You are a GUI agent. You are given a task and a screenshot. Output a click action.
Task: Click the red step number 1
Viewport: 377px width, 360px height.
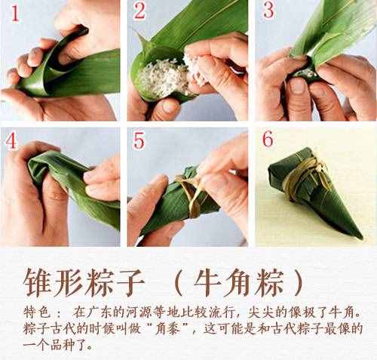tap(15, 14)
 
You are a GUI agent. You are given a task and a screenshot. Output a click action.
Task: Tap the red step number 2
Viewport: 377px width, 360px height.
tap(139, 11)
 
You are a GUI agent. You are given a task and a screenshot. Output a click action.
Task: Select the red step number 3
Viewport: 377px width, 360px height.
tap(268, 10)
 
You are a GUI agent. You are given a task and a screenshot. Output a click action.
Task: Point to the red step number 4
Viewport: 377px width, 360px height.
tap(11, 140)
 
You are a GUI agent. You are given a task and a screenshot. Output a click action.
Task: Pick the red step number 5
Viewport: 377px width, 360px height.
tap(139, 140)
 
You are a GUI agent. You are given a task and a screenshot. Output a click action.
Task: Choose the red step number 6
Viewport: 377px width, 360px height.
tap(268, 139)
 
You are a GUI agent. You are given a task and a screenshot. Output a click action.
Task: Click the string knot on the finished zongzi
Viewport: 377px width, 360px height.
tap(319, 166)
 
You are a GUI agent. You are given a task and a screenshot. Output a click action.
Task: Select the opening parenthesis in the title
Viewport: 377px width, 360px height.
tap(178, 283)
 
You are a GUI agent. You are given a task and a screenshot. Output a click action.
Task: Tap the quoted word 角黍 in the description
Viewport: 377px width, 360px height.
tap(168, 329)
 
